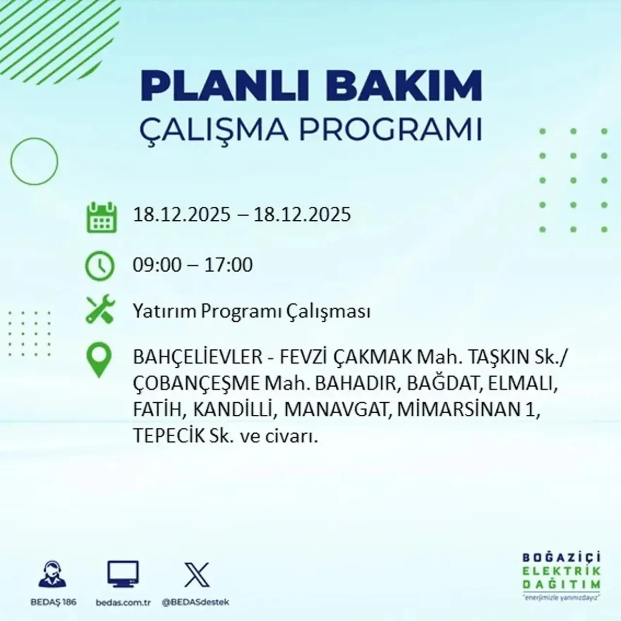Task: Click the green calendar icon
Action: [x=101, y=217]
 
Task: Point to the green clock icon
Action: [x=100, y=266]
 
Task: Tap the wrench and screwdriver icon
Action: [x=100, y=310]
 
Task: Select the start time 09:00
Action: [x=157, y=265]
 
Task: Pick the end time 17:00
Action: [x=229, y=265]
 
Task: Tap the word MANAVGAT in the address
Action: [x=338, y=410]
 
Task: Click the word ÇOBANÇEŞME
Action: [x=196, y=384]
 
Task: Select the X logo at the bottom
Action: [x=197, y=575]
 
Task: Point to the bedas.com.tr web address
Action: [x=123, y=602]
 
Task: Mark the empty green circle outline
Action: [x=34, y=162]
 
